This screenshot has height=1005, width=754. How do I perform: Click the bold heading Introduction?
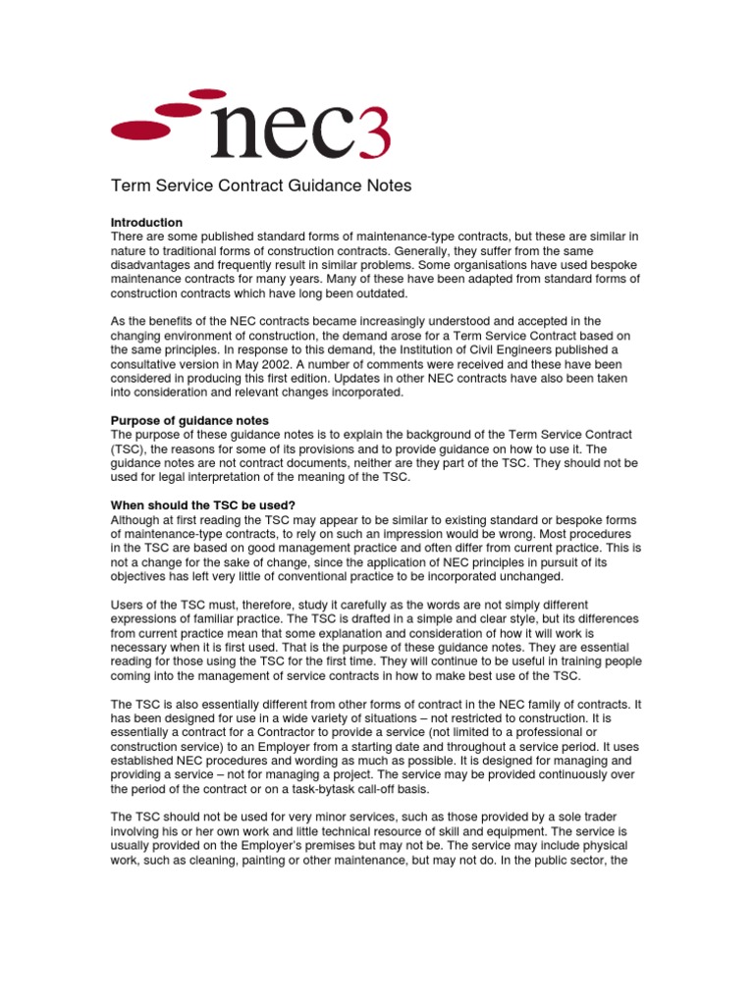pos(146,223)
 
